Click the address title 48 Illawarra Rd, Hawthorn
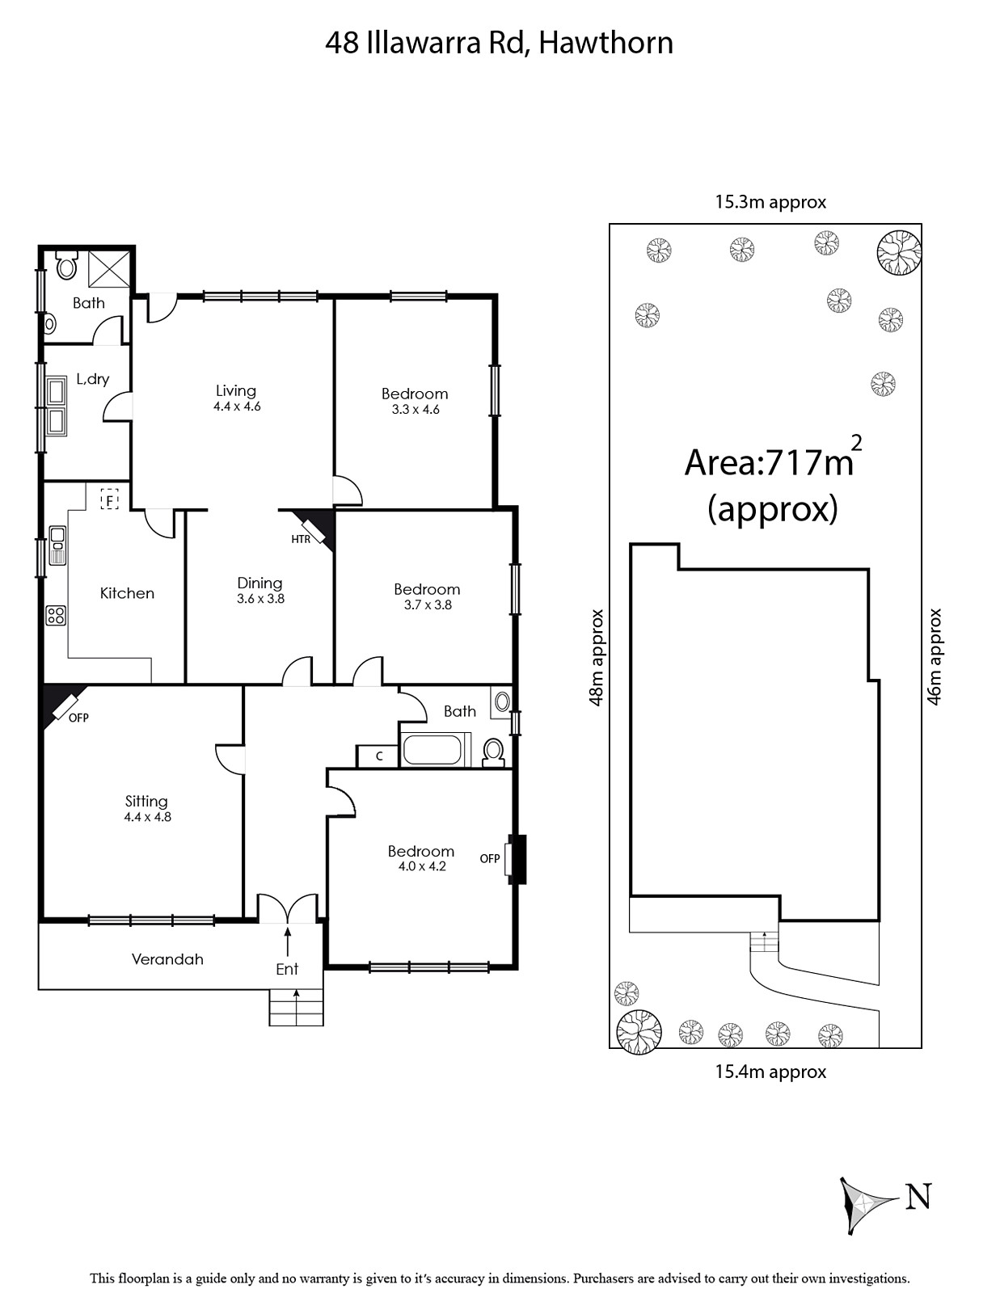[499, 44]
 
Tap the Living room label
[236, 391]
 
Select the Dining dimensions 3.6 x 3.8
[261, 599]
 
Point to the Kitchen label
[127, 593]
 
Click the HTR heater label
[301, 540]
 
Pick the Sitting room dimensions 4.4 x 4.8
[148, 817]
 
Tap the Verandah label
[167, 959]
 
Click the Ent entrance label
[287, 969]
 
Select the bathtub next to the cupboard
[432, 750]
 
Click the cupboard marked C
[378, 756]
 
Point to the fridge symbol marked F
[109, 499]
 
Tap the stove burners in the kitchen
[56, 615]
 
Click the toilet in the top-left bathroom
[66, 265]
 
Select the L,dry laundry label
[93, 379]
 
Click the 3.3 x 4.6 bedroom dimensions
[416, 410]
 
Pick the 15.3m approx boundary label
[771, 202]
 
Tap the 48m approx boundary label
[596, 658]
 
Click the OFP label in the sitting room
[78, 718]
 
